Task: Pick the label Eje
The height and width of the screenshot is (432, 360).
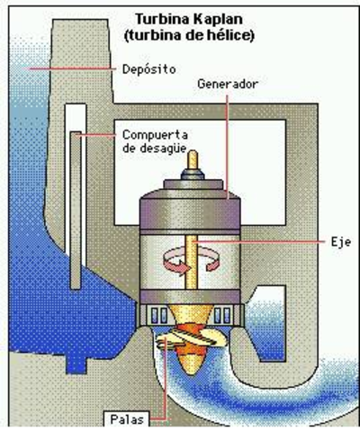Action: [x=332, y=241]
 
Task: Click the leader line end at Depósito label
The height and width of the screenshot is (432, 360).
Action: [x=115, y=68]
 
